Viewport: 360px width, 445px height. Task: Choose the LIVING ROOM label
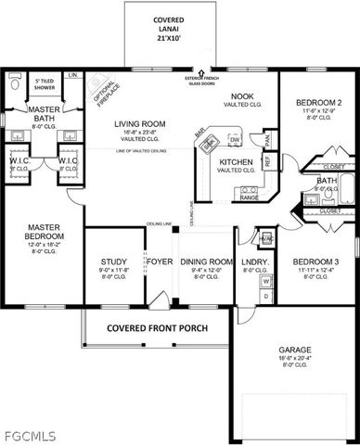(139, 123)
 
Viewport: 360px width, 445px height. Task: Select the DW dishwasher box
(236, 140)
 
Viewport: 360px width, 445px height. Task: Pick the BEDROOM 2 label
(318, 102)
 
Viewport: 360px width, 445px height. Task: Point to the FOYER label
(159, 262)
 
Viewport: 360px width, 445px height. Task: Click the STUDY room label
(113, 262)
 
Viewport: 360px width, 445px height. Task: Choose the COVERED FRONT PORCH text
(156, 327)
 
